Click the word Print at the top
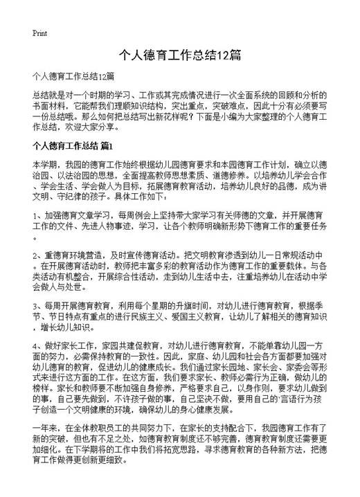pyautogui.click(x=39, y=33)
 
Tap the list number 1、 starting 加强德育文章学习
pyautogui.click(x=37, y=217)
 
